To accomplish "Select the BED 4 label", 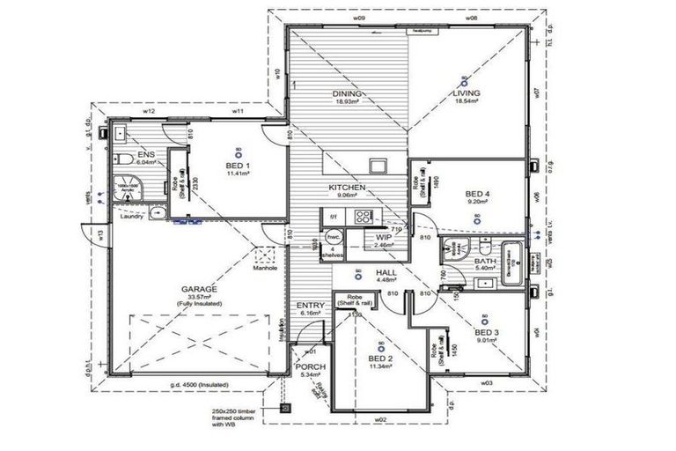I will click(x=476, y=194).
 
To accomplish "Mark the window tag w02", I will click(x=381, y=421).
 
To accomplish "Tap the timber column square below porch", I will click(x=284, y=408).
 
